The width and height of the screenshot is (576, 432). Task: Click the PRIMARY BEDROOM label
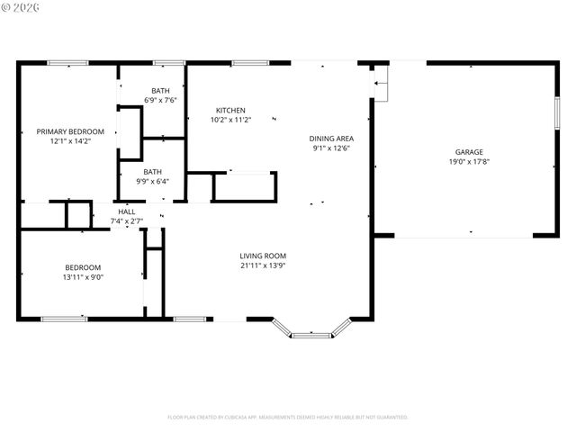coord(70,131)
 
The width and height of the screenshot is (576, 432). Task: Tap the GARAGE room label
coord(469,152)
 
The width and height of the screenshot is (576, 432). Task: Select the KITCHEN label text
coord(230,110)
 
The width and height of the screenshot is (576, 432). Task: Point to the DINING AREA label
coord(331,139)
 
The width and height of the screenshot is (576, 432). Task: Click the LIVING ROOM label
coord(263,256)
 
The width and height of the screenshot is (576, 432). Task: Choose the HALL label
coord(127,211)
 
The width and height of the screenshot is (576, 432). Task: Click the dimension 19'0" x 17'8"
coord(469,162)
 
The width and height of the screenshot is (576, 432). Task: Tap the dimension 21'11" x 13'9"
coord(263,265)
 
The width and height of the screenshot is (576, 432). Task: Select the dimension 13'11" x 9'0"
coord(84,277)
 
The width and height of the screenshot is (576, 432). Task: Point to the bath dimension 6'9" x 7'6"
coord(160,100)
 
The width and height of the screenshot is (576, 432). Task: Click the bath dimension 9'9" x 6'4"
coord(153,181)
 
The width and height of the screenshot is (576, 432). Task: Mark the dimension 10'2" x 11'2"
coord(230,120)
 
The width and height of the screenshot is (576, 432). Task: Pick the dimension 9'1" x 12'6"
coord(331,148)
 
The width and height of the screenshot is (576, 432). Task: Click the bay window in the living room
coord(311,334)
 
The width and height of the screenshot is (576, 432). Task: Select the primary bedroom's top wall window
coord(67,63)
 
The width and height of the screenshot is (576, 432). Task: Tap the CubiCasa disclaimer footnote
coord(288,417)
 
